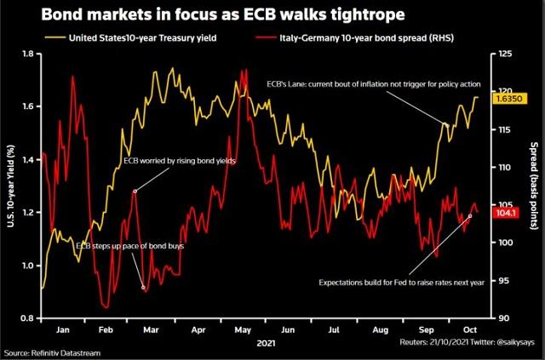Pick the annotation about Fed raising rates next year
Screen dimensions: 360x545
pyautogui.click(x=402, y=281)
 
